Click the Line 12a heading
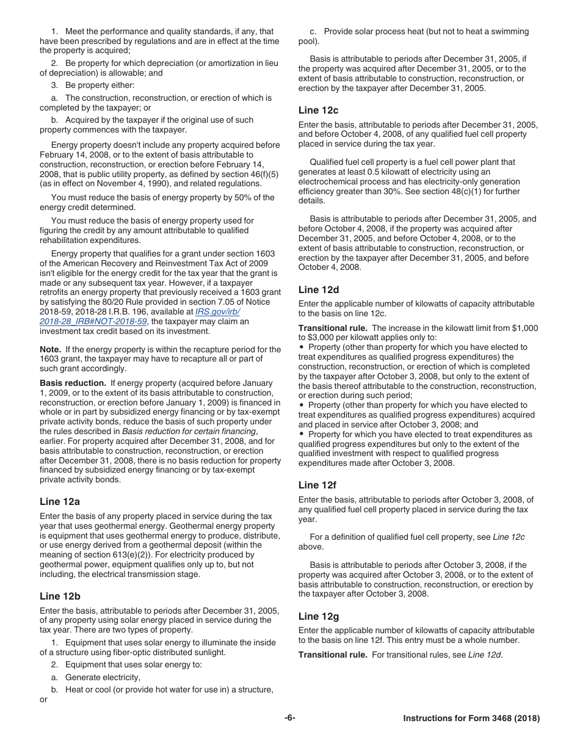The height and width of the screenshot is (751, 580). [x=60, y=502]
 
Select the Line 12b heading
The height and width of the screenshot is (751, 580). [x=60, y=596]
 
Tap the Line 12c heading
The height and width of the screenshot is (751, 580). [x=318, y=111]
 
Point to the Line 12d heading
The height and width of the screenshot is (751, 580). [x=319, y=289]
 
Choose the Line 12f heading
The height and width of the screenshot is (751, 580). [x=317, y=485]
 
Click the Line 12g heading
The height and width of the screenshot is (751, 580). [x=319, y=617]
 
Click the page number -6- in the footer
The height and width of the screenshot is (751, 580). [x=289, y=718]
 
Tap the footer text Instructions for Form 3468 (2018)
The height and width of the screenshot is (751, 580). [x=471, y=719]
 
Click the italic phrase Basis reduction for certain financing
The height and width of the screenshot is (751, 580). [x=189, y=431]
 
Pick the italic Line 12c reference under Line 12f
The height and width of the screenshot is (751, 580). [x=509, y=537]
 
